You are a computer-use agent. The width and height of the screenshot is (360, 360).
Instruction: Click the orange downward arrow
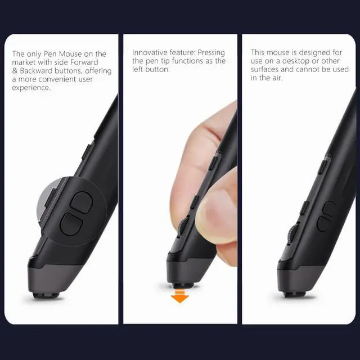pos(179,296)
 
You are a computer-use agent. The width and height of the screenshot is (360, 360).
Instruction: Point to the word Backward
pos(38,71)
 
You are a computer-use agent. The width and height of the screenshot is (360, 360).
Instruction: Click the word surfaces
pos(267,70)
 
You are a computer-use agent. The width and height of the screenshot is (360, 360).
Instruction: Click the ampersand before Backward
pos(15,71)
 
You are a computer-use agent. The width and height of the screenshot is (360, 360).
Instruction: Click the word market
pos(24,62)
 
